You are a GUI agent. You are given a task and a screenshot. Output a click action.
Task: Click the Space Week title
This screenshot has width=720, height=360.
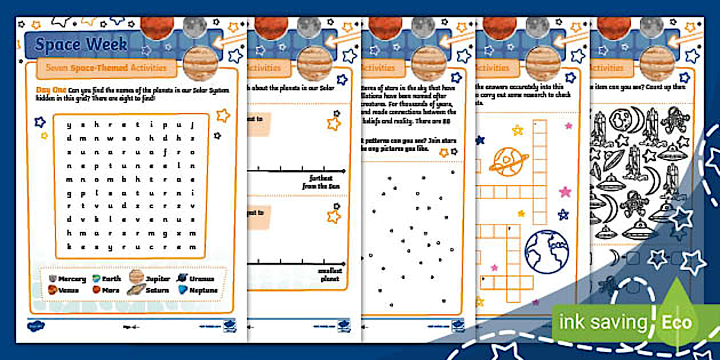click(x=81, y=45)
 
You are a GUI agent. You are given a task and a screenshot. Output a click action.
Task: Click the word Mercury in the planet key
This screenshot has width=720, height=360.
click(x=72, y=279)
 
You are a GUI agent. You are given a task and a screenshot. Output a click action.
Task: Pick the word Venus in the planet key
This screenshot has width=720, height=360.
click(x=68, y=290)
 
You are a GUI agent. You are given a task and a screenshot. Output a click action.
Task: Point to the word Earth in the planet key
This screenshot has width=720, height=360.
click(x=111, y=279)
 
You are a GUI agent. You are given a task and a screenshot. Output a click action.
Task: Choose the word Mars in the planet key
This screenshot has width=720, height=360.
click(x=110, y=290)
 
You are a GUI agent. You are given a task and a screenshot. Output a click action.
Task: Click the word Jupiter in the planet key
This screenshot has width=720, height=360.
click(x=158, y=279)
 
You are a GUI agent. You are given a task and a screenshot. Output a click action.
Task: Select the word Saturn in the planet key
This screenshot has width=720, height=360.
click(x=157, y=290)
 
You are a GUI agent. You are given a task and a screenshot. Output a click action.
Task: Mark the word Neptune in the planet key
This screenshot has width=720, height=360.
click(x=204, y=290)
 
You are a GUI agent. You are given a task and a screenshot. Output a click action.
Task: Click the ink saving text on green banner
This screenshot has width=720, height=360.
click(x=603, y=322)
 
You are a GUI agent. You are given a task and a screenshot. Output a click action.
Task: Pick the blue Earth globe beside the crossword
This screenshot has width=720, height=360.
click(x=546, y=252)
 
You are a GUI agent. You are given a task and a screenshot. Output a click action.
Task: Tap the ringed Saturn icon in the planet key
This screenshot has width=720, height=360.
click(x=136, y=290)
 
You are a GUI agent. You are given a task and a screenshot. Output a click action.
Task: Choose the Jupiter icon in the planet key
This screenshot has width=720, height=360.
click(x=136, y=277)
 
